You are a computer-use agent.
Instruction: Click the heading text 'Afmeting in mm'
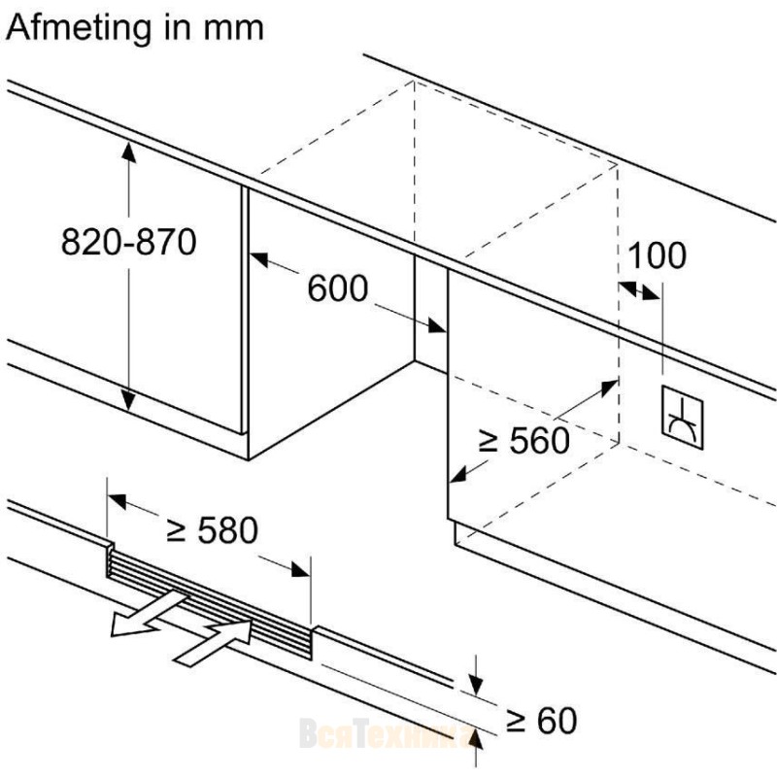[x=134, y=26]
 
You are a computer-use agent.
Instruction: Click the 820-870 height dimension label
[x=128, y=241]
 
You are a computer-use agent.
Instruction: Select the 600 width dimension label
[x=338, y=287]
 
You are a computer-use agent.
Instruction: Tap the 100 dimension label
[x=657, y=255]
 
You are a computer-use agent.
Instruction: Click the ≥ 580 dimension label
[x=213, y=529]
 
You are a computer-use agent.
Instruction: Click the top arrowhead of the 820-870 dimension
[x=128, y=147]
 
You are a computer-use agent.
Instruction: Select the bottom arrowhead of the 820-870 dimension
[x=128, y=403]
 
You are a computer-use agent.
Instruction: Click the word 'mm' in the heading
[x=232, y=26]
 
